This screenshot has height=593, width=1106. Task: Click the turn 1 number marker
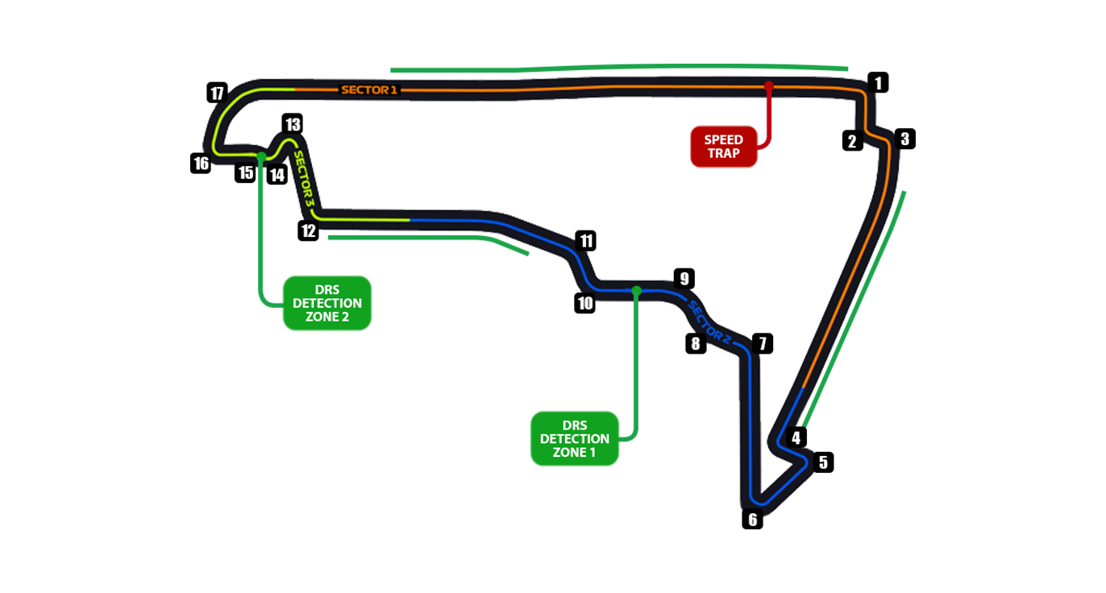tap(879, 81)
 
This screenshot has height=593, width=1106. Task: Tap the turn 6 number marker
tap(753, 520)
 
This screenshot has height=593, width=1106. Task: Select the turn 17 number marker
tap(216, 93)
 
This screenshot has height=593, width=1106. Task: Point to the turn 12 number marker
tap(308, 231)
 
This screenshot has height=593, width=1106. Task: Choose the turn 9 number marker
tap(683, 280)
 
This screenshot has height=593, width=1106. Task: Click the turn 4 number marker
tap(796, 438)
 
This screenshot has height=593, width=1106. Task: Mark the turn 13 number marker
tap(292, 124)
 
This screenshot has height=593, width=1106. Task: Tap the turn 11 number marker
tap(586, 240)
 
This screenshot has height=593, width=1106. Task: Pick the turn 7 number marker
tap(761, 344)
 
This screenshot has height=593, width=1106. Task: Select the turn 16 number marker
tap(201, 164)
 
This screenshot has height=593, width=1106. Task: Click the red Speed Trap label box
tap(723, 147)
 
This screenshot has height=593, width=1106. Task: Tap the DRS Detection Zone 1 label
tap(574, 438)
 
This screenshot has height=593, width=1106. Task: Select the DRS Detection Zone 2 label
tap(326, 303)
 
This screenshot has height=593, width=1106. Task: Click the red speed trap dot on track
tap(769, 85)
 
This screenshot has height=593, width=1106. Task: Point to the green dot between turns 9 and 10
tap(637, 290)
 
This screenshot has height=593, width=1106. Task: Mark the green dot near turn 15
tap(261, 156)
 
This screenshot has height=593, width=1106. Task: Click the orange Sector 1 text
tap(369, 89)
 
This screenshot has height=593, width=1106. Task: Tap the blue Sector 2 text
tap(709, 322)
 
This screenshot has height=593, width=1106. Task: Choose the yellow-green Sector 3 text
tap(304, 176)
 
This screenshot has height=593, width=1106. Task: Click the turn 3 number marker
tap(904, 139)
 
